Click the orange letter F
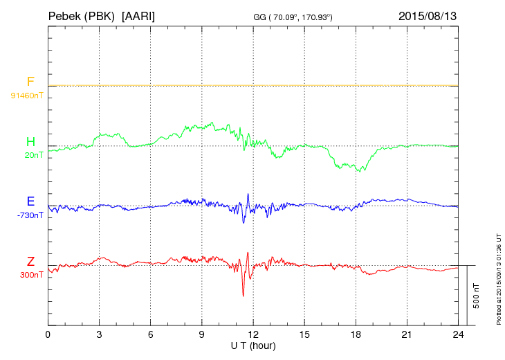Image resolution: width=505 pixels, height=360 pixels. point(30,82)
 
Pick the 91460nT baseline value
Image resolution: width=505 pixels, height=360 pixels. point(27,95)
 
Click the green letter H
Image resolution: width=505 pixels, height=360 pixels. point(30,142)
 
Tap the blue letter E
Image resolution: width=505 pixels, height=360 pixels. point(30,201)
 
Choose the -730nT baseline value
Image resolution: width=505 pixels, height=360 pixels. point(30,215)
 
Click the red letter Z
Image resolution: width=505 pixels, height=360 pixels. point(30,262)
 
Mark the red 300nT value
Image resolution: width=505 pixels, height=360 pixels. point(31,275)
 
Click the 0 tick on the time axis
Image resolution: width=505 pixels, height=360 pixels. point(48,335)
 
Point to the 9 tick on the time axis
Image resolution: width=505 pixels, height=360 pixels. point(201,335)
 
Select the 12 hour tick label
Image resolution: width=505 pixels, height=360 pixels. point(253,335)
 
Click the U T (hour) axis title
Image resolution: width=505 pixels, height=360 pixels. point(253,345)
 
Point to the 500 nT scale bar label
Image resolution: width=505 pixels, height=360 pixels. point(477,296)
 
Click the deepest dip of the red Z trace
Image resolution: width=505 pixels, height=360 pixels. point(243,296)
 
